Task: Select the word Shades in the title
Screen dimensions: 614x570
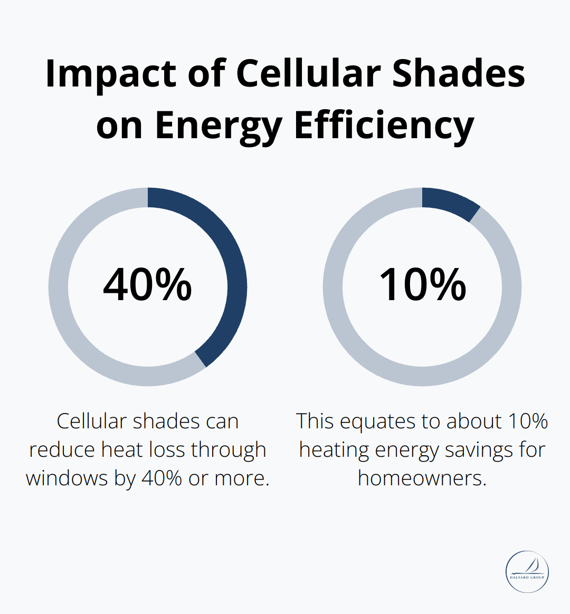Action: (x=459, y=73)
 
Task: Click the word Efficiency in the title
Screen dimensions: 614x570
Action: (x=384, y=126)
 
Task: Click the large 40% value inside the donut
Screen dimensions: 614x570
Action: (x=147, y=285)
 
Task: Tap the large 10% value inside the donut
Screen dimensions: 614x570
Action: (x=422, y=285)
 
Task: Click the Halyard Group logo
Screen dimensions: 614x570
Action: (x=527, y=572)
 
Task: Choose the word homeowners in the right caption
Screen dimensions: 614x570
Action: (x=421, y=478)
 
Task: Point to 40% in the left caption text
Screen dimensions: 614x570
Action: (x=163, y=478)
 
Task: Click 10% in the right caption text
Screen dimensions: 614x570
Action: (x=528, y=421)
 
